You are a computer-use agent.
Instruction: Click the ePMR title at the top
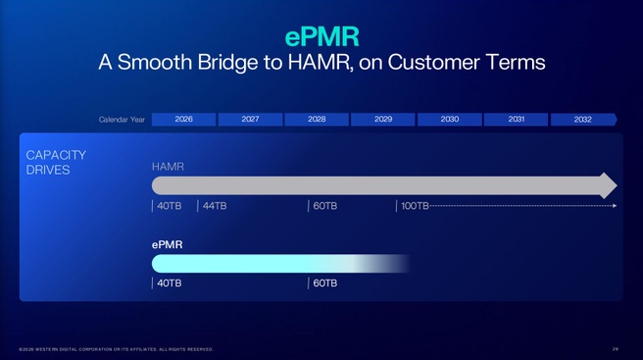pos(321,36)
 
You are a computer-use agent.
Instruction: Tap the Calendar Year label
pos(123,120)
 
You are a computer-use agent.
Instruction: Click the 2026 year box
pos(183,120)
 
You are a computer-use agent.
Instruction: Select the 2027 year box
pos(250,120)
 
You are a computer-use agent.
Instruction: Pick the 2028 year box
pos(317,120)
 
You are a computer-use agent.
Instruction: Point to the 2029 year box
pos(383,120)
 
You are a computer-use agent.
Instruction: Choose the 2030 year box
pos(450,120)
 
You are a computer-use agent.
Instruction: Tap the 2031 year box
pos(517,120)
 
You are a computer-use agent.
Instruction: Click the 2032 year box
pos(583,120)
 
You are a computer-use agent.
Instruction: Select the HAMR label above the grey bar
pos(168,167)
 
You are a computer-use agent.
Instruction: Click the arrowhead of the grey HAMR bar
pos(608,185)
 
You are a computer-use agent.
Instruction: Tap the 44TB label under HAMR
pos(215,206)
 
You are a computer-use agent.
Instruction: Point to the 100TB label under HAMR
pos(415,206)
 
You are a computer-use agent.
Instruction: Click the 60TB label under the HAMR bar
pos(324,206)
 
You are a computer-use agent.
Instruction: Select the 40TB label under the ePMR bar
pos(169,283)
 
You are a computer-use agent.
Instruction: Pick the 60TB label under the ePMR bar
pos(324,283)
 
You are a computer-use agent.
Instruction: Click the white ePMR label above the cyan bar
pos(168,244)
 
